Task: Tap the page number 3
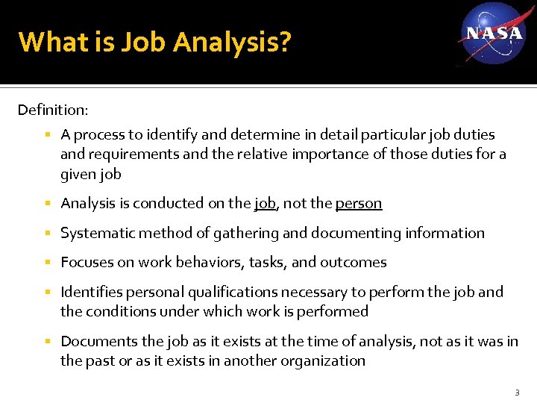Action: point(517,393)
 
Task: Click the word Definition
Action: point(51,110)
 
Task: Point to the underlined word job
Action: point(265,203)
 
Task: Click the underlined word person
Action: point(359,203)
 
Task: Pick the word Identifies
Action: point(91,292)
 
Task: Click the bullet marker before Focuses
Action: point(47,263)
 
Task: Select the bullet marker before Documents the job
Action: point(47,342)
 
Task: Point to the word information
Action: point(445,233)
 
